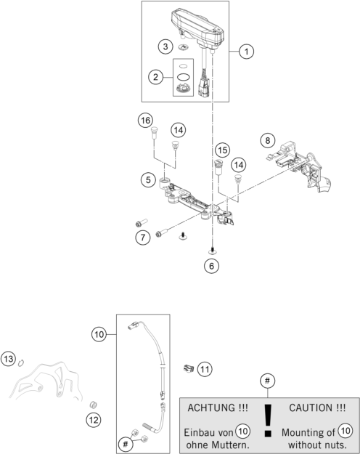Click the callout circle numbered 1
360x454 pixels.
click(x=246, y=52)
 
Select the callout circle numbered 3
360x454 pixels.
click(x=165, y=46)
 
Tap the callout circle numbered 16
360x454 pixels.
click(x=145, y=120)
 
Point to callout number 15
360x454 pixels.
click(x=223, y=150)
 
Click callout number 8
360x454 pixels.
click(x=268, y=140)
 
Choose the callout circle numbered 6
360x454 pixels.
click(x=211, y=266)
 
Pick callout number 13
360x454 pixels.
click(x=9, y=359)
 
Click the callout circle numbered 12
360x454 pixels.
click(x=94, y=420)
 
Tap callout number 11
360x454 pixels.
click(x=205, y=369)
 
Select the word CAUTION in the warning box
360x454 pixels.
click(x=311, y=408)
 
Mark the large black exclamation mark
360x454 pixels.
click(x=269, y=420)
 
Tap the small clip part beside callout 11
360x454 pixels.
click(x=189, y=368)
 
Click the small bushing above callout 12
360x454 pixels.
click(x=93, y=405)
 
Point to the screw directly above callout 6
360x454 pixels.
click(x=212, y=251)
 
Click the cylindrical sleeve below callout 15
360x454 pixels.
click(x=218, y=167)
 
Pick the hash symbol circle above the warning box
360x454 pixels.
click(x=267, y=381)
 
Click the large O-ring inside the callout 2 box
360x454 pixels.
click(x=183, y=77)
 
